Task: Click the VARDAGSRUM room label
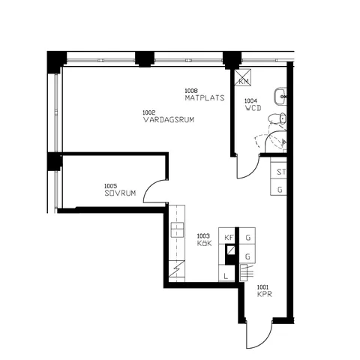coord(169,120)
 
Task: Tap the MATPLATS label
coord(205,97)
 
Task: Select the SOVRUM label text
coord(120,193)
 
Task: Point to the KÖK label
coord(204,243)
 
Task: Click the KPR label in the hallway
coord(265,294)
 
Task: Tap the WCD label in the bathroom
coord(253,108)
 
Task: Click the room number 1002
coord(149,112)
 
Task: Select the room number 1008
coord(191,91)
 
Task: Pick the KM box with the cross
coord(243,77)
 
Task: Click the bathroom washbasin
coord(280,97)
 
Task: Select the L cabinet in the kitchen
coord(226,273)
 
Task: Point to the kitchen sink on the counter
coord(177,229)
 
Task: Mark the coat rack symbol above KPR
coord(247,273)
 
